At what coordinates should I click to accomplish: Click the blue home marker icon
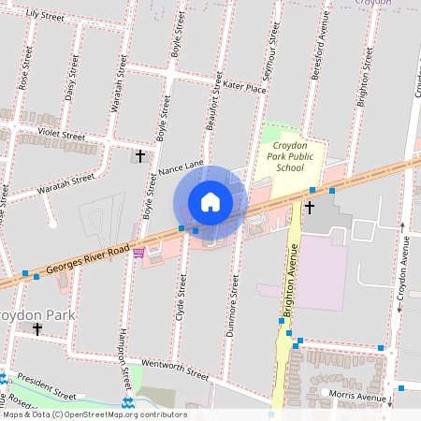coord(210,202)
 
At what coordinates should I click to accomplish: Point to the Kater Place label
coord(246,86)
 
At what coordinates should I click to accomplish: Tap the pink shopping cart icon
coord(138,252)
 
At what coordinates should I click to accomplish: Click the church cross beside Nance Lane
coord(140,156)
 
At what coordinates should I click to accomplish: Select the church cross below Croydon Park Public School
coord(309,207)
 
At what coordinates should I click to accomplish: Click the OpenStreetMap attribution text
coord(94,414)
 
